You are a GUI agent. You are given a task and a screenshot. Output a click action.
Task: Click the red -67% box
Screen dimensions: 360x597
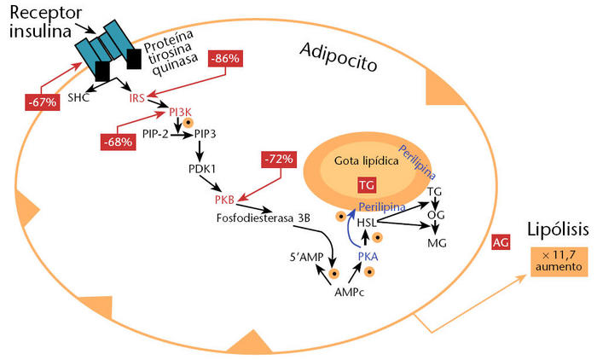tap(41, 102)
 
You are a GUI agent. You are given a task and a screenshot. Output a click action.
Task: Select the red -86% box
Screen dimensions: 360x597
tap(227, 59)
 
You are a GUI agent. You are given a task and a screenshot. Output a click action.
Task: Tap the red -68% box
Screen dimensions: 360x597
tap(117, 141)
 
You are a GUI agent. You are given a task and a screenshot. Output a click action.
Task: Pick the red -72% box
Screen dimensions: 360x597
tap(277, 159)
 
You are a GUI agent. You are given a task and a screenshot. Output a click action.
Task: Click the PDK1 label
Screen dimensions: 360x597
tap(202, 169)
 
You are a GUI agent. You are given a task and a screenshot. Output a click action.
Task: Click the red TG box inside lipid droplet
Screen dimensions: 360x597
tap(366, 185)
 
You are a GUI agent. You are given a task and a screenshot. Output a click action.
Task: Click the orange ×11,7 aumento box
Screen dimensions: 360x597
tap(559, 261)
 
